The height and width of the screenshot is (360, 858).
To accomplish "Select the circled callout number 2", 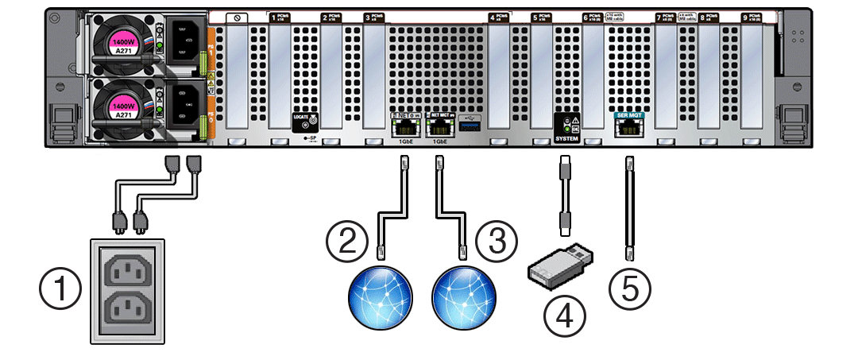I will [346, 238].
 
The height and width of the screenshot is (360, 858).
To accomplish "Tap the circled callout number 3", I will [497, 238].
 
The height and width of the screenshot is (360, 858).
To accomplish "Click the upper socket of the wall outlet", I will [127, 272].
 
